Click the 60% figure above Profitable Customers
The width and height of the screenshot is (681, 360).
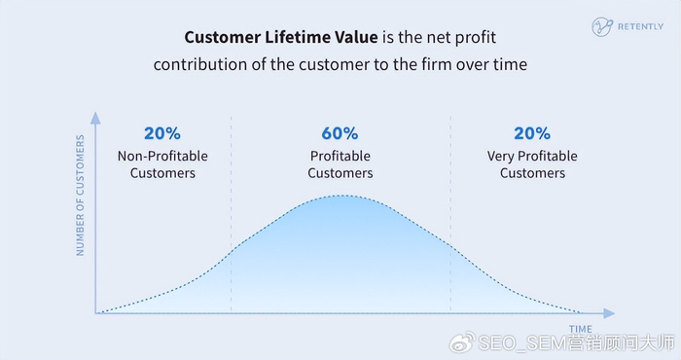[340, 133]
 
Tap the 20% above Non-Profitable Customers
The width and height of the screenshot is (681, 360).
[162, 133]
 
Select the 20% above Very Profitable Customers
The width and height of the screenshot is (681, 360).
[532, 133]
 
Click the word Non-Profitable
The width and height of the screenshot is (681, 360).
[162, 156]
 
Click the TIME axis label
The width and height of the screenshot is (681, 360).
[581, 329]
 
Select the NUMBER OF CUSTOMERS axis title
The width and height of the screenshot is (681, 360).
[81, 195]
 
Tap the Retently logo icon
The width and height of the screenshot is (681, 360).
[602, 27]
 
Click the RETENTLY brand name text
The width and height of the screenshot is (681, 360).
[640, 26]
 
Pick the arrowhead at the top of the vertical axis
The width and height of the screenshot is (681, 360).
[95, 118]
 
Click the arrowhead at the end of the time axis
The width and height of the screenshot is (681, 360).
[609, 313]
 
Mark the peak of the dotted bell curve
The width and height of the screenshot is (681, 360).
[341, 196]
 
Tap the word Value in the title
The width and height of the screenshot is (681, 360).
[356, 37]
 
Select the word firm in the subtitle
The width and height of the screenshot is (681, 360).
[437, 65]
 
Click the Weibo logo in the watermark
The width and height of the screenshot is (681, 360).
[462, 342]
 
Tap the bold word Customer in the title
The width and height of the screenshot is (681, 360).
[223, 37]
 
